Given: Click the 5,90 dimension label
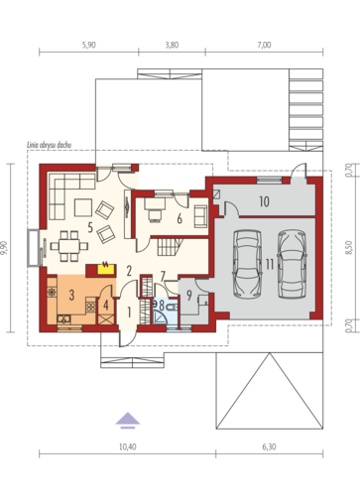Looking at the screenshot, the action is [89, 45].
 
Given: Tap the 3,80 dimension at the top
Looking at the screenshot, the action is [172, 45].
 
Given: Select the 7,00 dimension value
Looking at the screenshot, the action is [264, 45].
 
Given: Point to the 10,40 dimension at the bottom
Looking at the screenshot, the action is [128, 447].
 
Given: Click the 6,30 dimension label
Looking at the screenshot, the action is [269, 447].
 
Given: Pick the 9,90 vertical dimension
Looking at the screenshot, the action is [6, 248].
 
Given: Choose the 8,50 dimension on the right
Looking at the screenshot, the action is [349, 248].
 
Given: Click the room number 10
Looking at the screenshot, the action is [264, 201].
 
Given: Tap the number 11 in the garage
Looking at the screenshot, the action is [270, 265].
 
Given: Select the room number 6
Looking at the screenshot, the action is [180, 218].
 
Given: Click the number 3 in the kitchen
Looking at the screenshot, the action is [71, 295].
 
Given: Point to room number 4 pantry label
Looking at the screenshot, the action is [106, 306].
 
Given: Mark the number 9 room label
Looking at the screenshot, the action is [189, 296].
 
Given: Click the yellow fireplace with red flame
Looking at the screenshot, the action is [106, 269].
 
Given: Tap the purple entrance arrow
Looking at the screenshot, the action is [128, 420].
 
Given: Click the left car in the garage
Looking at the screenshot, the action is [248, 264].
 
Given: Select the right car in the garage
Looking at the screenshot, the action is [292, 264].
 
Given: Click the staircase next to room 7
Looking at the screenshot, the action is [171, 247].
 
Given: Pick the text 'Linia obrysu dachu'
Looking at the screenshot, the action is [49, 145].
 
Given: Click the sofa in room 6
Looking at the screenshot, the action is [200, 216].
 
